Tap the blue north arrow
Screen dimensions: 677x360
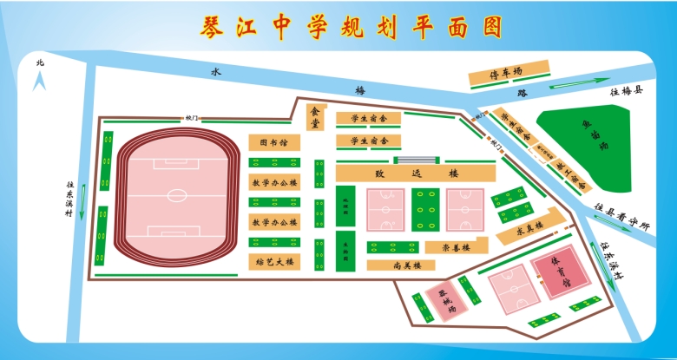39,82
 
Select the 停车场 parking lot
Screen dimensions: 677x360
509,75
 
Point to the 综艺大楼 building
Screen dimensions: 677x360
274,260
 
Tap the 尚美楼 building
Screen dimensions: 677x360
405,265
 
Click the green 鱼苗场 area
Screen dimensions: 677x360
600,143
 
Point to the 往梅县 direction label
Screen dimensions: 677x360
626,90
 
